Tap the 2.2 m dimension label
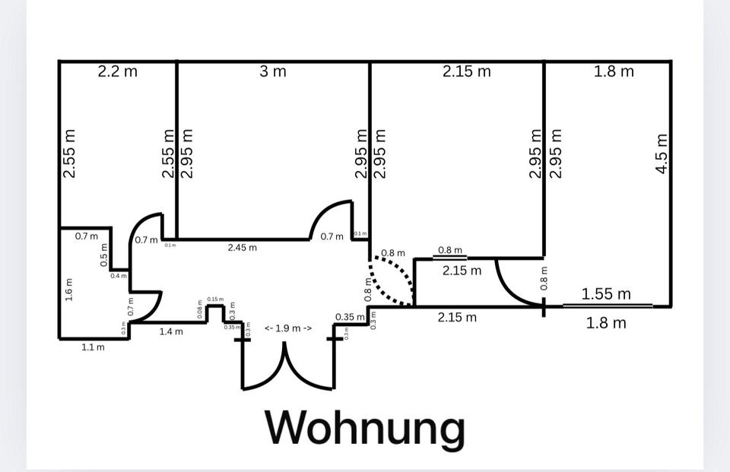(118, 72)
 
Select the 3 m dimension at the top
(273, 71)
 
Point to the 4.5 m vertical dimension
(662, 154)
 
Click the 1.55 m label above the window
(606, 293)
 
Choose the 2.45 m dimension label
(243, 247)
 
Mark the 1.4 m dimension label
(170, 331)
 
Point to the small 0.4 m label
(119, 276)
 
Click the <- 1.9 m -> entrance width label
(287, 328)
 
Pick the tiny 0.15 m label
(215, 299)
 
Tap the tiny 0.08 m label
(200, 310)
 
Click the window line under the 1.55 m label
(607, 306)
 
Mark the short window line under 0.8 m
(449, 258)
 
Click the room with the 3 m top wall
(273, 152)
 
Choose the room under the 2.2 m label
(118, 152)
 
